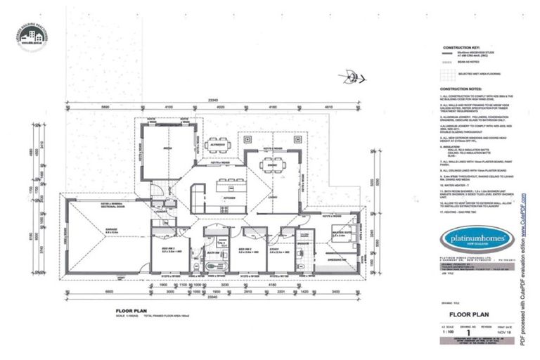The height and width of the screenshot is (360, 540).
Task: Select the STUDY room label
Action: (x=275, y=248)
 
